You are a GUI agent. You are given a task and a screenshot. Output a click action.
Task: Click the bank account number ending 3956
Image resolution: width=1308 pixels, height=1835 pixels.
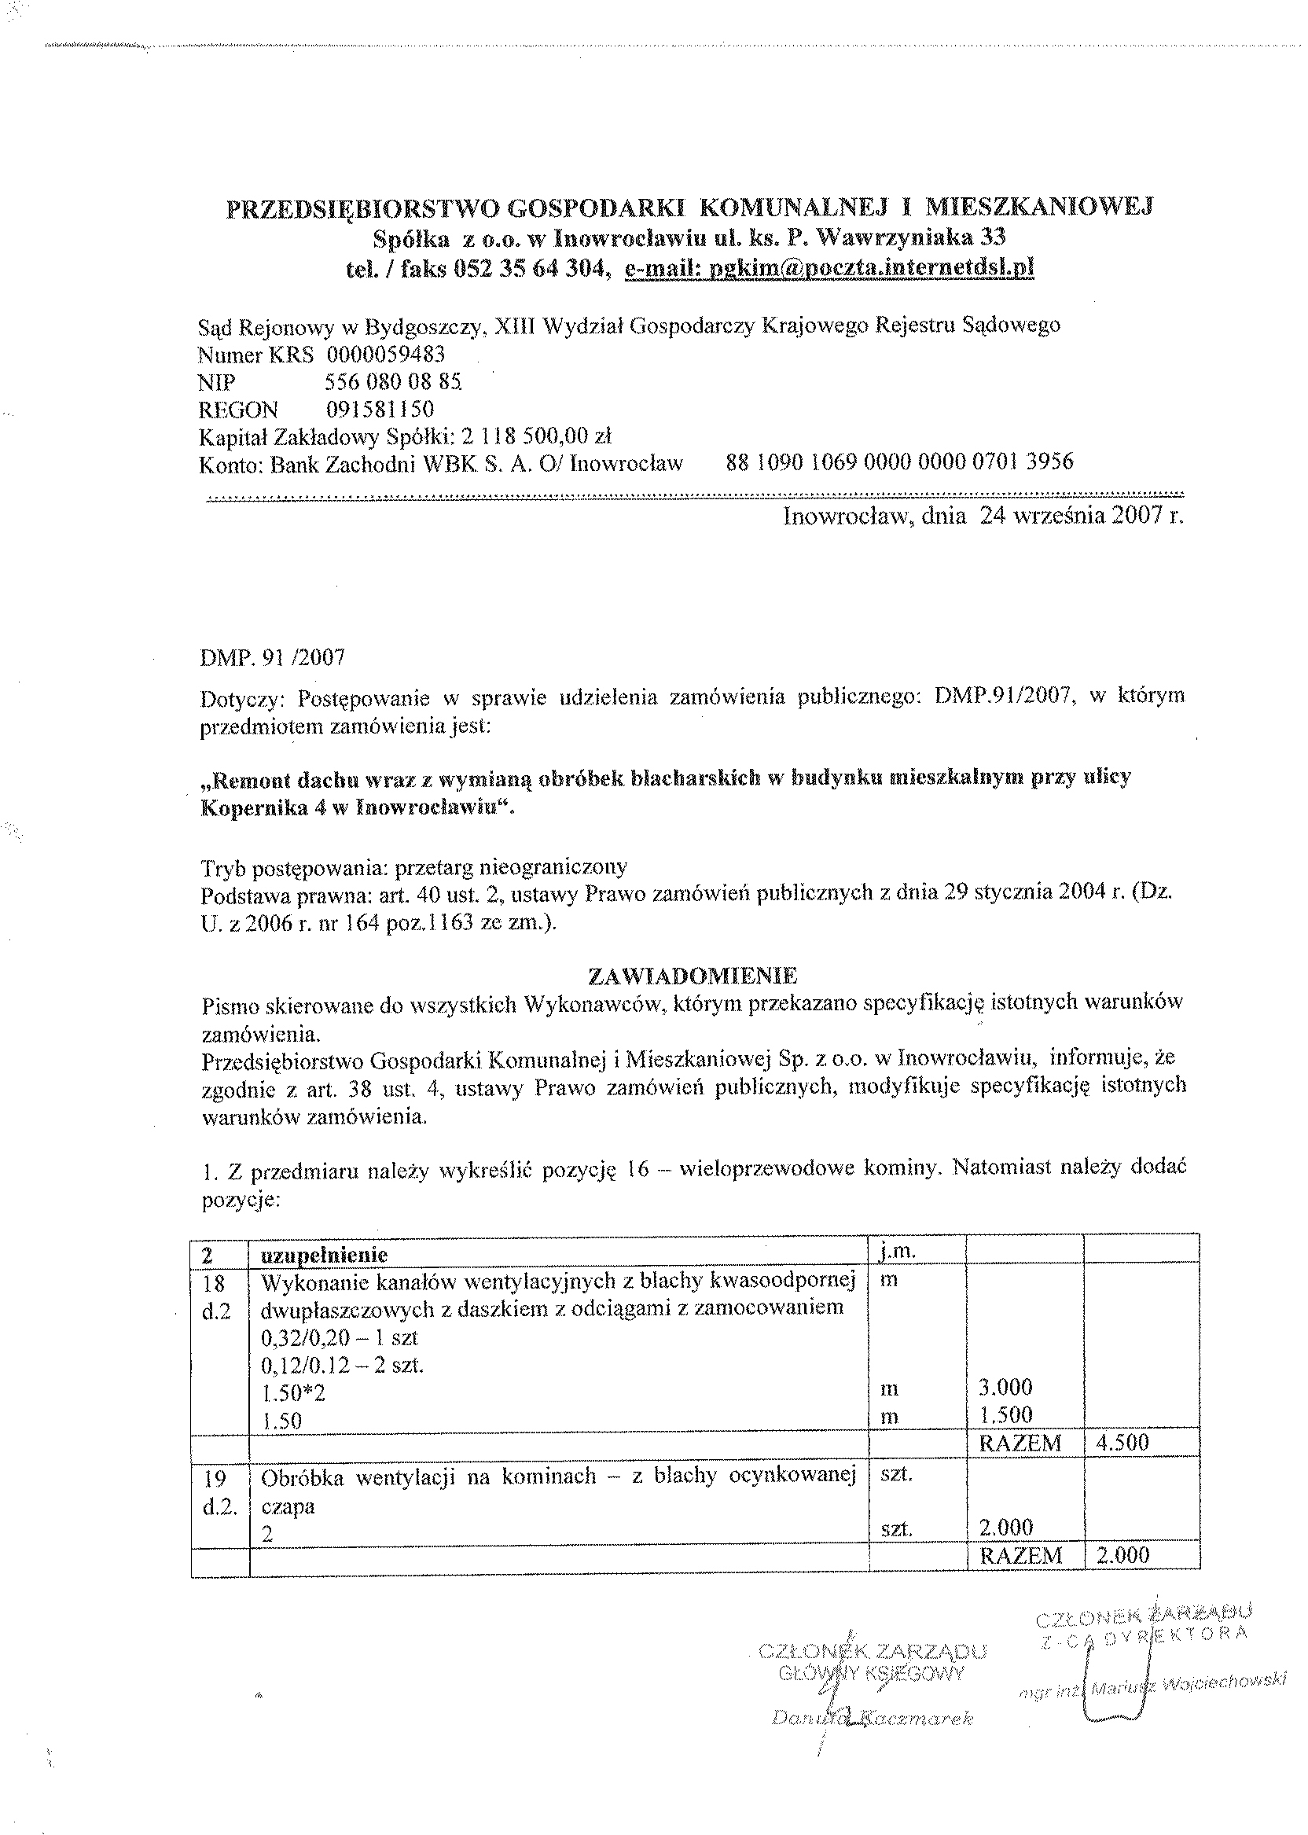pos(900,462)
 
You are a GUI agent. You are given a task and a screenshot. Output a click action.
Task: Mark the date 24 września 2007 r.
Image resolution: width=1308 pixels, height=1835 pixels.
pos(1081,516)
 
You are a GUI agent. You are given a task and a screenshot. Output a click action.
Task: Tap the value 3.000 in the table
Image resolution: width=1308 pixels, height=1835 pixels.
pos(1005,1386)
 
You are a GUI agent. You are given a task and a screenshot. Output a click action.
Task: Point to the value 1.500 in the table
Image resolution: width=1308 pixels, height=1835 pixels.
pos(1005,1414)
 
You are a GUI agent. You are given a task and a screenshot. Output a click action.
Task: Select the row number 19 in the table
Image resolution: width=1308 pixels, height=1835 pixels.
pos(215,1477)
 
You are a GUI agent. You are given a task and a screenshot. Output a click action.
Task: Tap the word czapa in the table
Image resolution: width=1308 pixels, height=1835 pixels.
pos(288,1506)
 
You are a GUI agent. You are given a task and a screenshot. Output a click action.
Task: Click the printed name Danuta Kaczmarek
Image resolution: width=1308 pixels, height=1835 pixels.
pos(872,1718)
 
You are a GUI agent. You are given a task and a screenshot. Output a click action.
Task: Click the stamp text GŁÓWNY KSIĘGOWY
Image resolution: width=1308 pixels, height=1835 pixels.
pos(872,1673)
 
